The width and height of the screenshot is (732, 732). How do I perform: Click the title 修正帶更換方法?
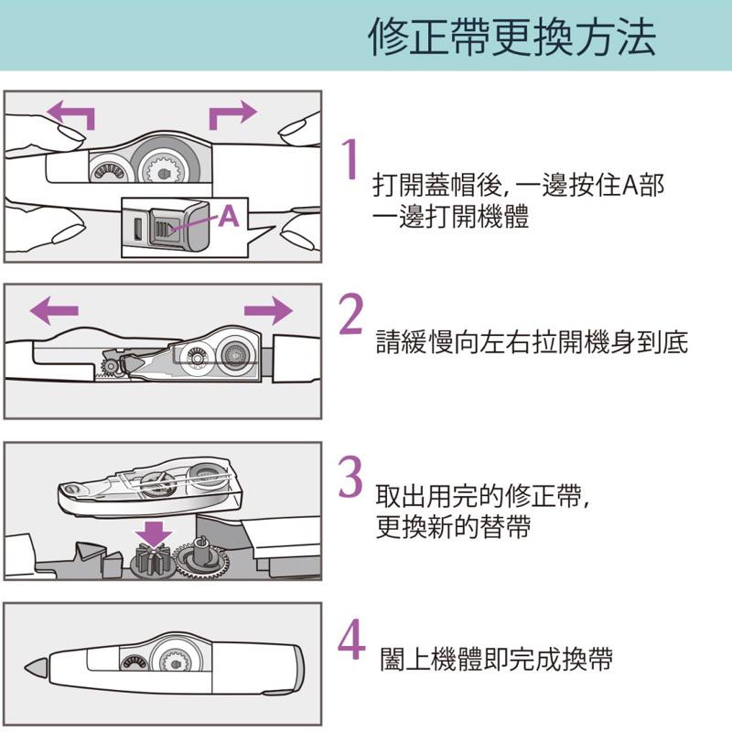coord(511,38)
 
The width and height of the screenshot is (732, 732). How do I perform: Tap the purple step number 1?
coord(348,159)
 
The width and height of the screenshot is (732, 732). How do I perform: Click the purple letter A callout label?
coord(229,216)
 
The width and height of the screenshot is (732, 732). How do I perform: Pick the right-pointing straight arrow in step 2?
coord(267,310)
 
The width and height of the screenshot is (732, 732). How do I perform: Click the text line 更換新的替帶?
coord(453,528)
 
